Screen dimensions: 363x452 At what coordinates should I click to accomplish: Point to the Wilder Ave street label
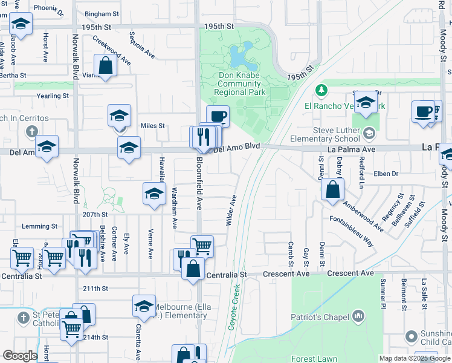click(x=231, y=211)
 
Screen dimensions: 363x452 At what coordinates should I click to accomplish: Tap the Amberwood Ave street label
click(x=363, y=217)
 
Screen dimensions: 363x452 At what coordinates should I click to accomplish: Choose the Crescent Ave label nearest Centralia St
click(x=286, y=274)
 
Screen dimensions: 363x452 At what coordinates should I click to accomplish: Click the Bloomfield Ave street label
click(x=199, y=188)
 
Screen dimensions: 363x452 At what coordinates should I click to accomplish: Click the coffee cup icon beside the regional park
click(x=218, y=116)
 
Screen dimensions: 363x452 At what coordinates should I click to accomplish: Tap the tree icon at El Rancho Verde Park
click(x=321, y=91)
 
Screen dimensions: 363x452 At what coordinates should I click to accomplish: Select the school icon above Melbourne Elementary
click(x=144, y=306)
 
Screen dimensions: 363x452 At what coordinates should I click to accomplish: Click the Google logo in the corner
click(x=20, y=356)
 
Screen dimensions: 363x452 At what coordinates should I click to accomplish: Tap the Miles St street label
click(x=153, y=126)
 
